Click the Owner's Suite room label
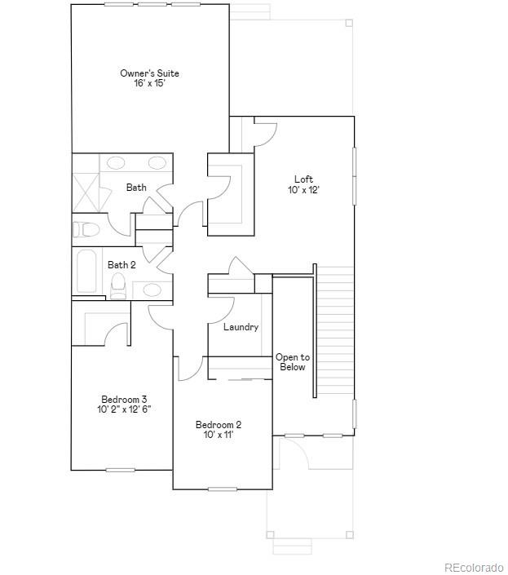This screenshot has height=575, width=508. [149, 73]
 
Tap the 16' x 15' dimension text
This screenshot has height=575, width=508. [149, 84]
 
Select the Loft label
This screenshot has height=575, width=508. [303, 179]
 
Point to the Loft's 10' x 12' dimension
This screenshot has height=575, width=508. [303, 190]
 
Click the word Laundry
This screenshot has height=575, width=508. [241, 327]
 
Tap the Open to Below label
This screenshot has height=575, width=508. [292, 362]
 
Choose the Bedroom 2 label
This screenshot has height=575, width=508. [219, 425]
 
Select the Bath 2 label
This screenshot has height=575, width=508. [121, 264]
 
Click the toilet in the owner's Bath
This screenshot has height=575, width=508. [86, 228]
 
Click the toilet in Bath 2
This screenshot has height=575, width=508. [118, 285]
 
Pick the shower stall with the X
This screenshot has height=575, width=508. [91, 192]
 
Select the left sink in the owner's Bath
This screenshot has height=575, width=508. [117, 162]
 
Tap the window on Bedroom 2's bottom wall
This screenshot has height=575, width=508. [222, 489]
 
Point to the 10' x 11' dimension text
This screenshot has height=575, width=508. [219, 436]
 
